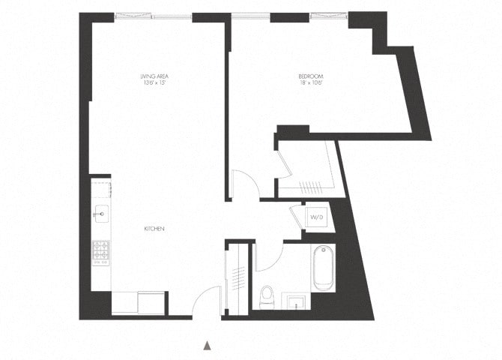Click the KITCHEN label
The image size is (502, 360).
point(154,228)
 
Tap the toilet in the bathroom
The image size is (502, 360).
point(266,296)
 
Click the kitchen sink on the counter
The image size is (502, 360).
point(100,214)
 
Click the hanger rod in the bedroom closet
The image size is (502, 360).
point(308,185)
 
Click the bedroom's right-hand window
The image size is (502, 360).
point(327,16)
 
